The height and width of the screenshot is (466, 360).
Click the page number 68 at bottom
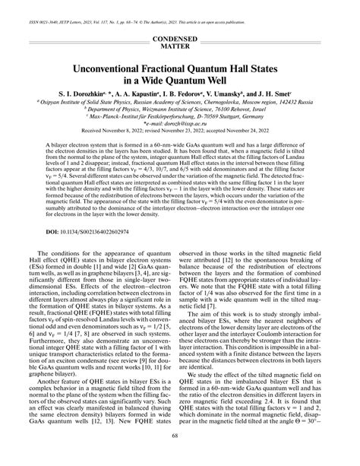[x=180, y=456]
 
